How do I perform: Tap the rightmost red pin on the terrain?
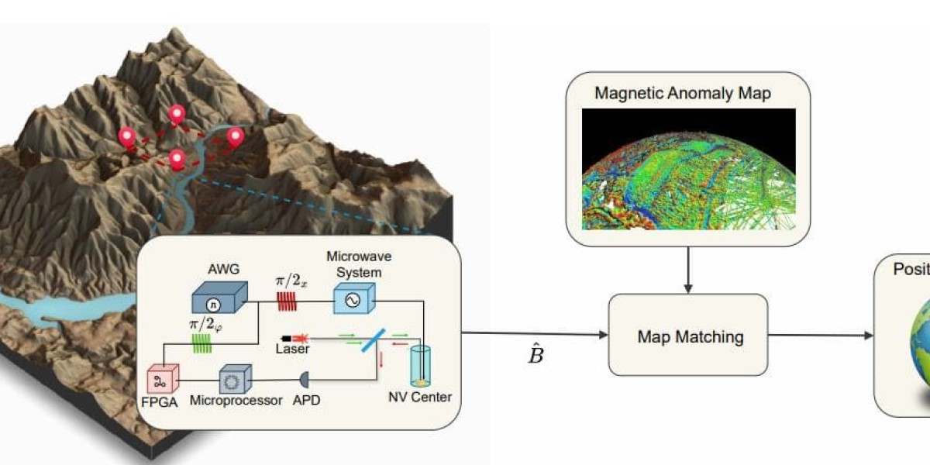(236, 137)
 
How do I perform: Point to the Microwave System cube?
(353, 298)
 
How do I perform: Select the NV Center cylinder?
(421, 366)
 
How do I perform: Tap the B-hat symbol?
(536, 355)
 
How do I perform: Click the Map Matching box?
(689, 336)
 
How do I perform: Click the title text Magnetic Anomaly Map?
(683, 93)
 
